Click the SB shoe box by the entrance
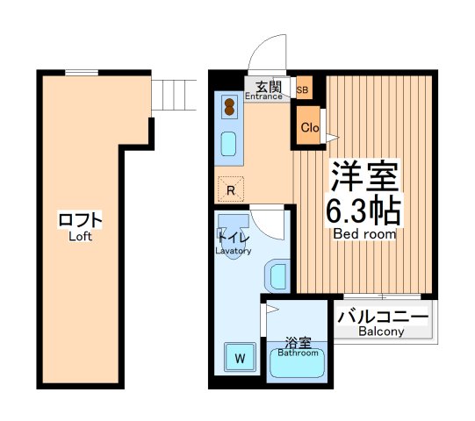pos(303,89)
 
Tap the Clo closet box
pos(309,127)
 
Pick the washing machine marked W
pos(239,357)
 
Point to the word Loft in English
pos(80,236)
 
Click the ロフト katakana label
pos(81,219)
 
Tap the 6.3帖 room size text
pos(364,210)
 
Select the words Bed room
pos(364,234)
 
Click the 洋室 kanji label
pos(364,176)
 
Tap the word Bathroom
pos(298,353)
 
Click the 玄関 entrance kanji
pos(269,85)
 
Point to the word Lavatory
pos(234,251)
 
